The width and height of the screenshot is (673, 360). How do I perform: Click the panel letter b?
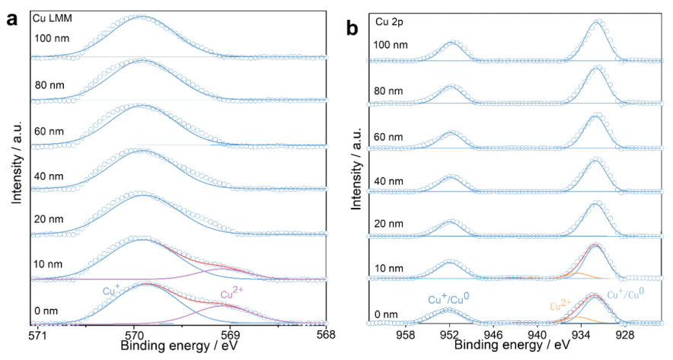[352, 29]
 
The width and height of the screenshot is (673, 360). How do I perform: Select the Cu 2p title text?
[388, 22]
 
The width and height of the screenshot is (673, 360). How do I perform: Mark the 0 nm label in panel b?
[386, 314]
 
